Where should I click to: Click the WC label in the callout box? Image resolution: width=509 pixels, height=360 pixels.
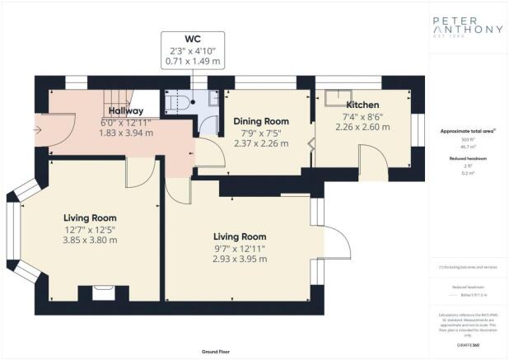[192, 37]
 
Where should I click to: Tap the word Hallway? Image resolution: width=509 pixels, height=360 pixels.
[125, 110]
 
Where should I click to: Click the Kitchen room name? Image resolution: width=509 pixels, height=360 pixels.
[362, 105]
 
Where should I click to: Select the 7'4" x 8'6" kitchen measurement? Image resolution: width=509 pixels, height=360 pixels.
[362, 117]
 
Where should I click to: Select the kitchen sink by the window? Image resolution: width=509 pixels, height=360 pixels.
[336, 97]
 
